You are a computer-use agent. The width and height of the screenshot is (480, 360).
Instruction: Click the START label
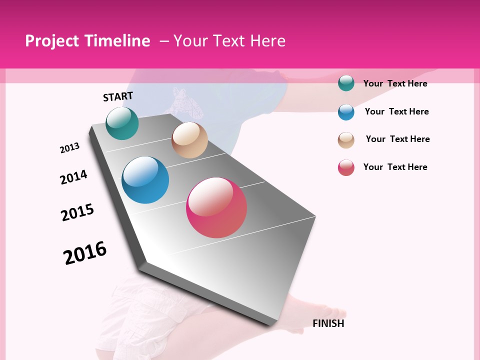pyautogui.click(x=118, y=96)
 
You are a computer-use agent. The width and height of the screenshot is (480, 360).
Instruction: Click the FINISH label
pyautogui.click(x=328, y=323)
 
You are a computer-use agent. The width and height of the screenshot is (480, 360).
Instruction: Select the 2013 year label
pyautogui.click(x=69, y=148)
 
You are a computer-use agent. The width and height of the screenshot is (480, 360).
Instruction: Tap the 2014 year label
pyautogui.click(x=73, y=177)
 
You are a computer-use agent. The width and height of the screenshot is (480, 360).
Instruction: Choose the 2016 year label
pyautogui.click(x=85, y=252)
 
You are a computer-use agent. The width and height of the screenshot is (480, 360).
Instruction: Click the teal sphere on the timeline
pyautogui.click(x=122, y=123)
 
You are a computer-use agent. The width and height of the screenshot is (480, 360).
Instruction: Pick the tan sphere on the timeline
pyautogui.click(x=189, y=140)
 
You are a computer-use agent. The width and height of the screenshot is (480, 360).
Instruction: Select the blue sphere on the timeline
pyautogui.click(x=145, y=180)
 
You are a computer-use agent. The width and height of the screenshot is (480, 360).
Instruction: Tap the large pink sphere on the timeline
pyautogui.click(x=216, y=207)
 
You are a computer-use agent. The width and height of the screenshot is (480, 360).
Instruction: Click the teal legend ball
pyautogui.click(x=346, y=83)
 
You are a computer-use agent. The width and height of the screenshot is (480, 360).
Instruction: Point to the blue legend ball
pyautogui.click(x=346, y=112)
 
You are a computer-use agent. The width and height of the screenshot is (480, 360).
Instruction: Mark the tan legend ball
pyautogui.click(x=346, y=140)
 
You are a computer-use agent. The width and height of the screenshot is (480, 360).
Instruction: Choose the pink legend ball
pyautogui.click(x=346, y=167)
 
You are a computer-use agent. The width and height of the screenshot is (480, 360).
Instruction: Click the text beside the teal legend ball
pyautogui.click(x=395, y=83)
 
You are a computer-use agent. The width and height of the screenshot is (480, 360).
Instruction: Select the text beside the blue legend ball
pyautogui.click(x=396, y=111)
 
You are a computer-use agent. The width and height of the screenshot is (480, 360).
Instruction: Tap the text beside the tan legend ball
pyautogui.click(x=397, y=139)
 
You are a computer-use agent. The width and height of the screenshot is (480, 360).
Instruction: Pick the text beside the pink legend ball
pyautogui.click(x=395, y=167)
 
